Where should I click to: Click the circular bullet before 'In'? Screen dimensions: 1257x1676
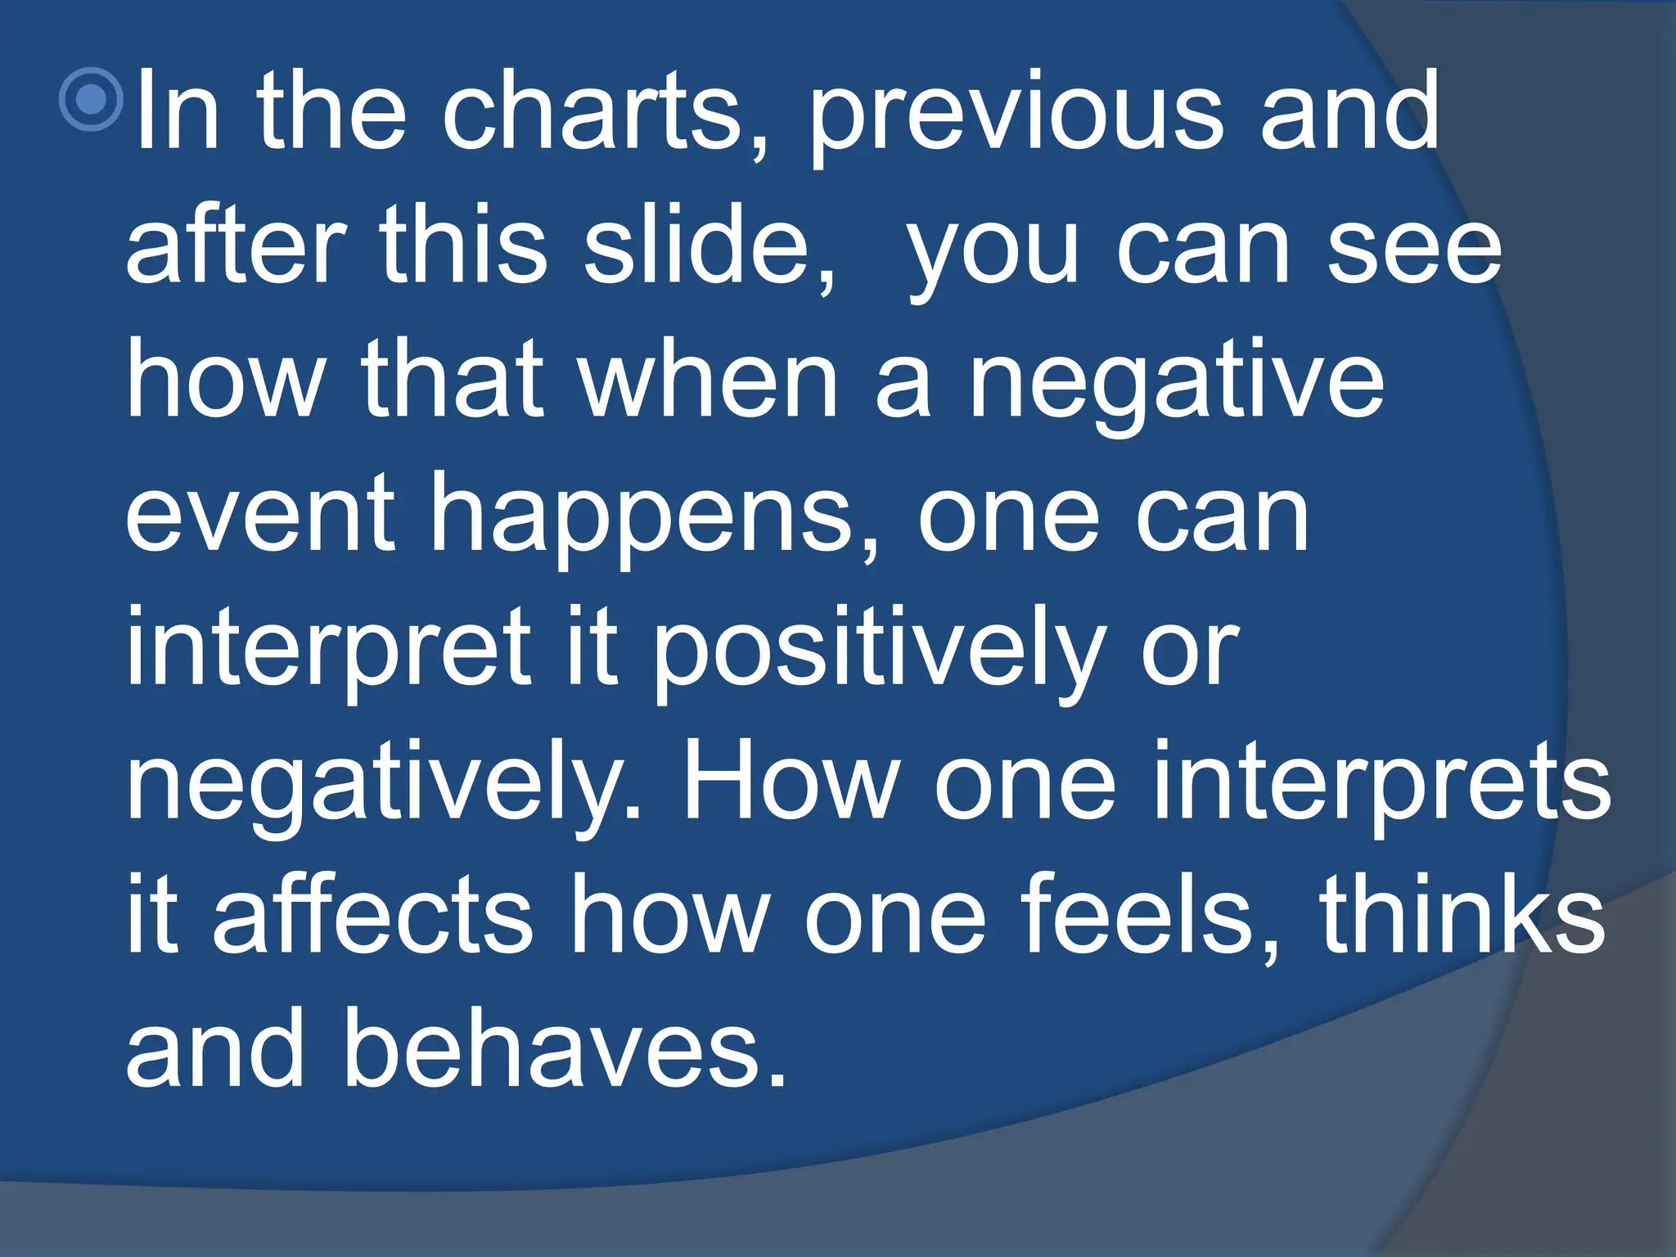click(92, 99)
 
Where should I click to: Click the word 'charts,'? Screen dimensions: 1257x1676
click(605, 113)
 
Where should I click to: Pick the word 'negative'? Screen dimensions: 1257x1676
click(1177, 383)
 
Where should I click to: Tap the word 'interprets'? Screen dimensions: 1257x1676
click(1382, 784)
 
